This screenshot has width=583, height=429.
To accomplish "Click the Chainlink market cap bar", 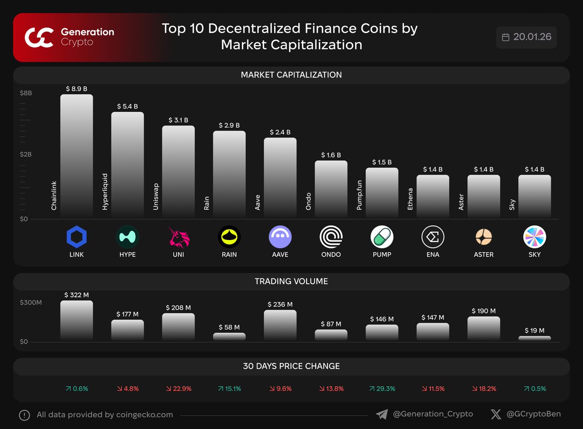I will coord(76,155).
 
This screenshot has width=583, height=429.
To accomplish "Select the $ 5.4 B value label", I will coord(127,106).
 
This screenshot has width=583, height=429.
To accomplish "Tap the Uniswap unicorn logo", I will coord(178,237).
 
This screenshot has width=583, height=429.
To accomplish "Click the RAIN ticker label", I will coord(229,255).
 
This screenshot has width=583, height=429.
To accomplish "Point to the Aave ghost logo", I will coord(280,237).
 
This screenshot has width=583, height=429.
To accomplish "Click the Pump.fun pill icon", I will coord(382,237).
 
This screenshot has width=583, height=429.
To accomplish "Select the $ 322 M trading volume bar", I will coord(76,320).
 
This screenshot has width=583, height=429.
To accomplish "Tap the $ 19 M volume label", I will coord(534,330).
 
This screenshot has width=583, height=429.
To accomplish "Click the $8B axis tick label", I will coord(26,93).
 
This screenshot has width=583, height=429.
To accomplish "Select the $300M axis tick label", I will coord(31,303).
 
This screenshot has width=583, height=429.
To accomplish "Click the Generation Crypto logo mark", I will coord(39,37).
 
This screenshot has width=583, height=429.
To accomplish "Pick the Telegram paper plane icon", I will coord(382,414).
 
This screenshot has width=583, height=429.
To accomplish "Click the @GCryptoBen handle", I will coord(533,414).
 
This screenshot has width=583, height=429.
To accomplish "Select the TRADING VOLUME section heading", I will coord(291,281).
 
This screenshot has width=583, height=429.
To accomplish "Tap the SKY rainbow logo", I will coord(534,237).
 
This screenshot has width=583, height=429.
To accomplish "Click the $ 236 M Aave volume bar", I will coord(280,325).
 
